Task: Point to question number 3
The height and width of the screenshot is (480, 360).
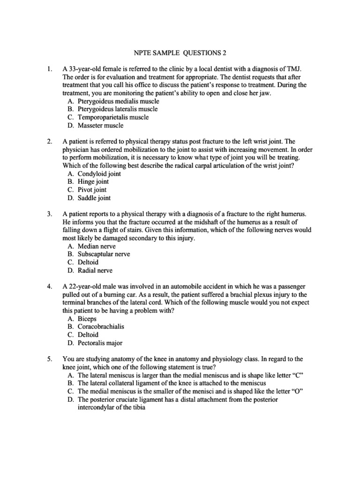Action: [x=49, y=214]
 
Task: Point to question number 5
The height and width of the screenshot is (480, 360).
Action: [x=49, y=359]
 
